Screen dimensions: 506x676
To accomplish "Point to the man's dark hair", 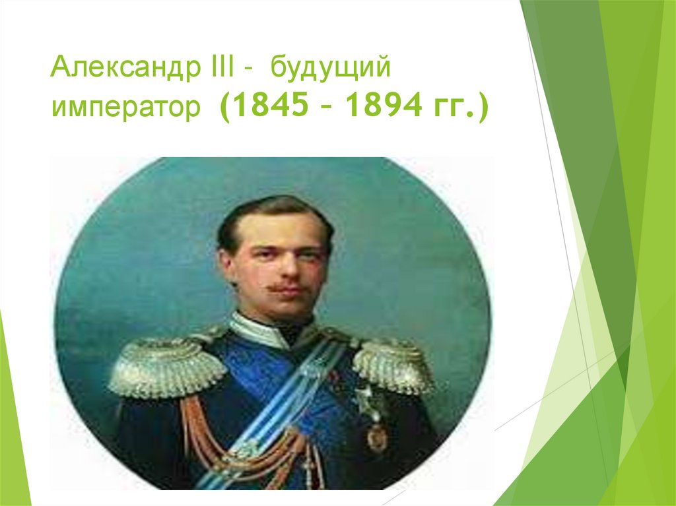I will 271,211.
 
